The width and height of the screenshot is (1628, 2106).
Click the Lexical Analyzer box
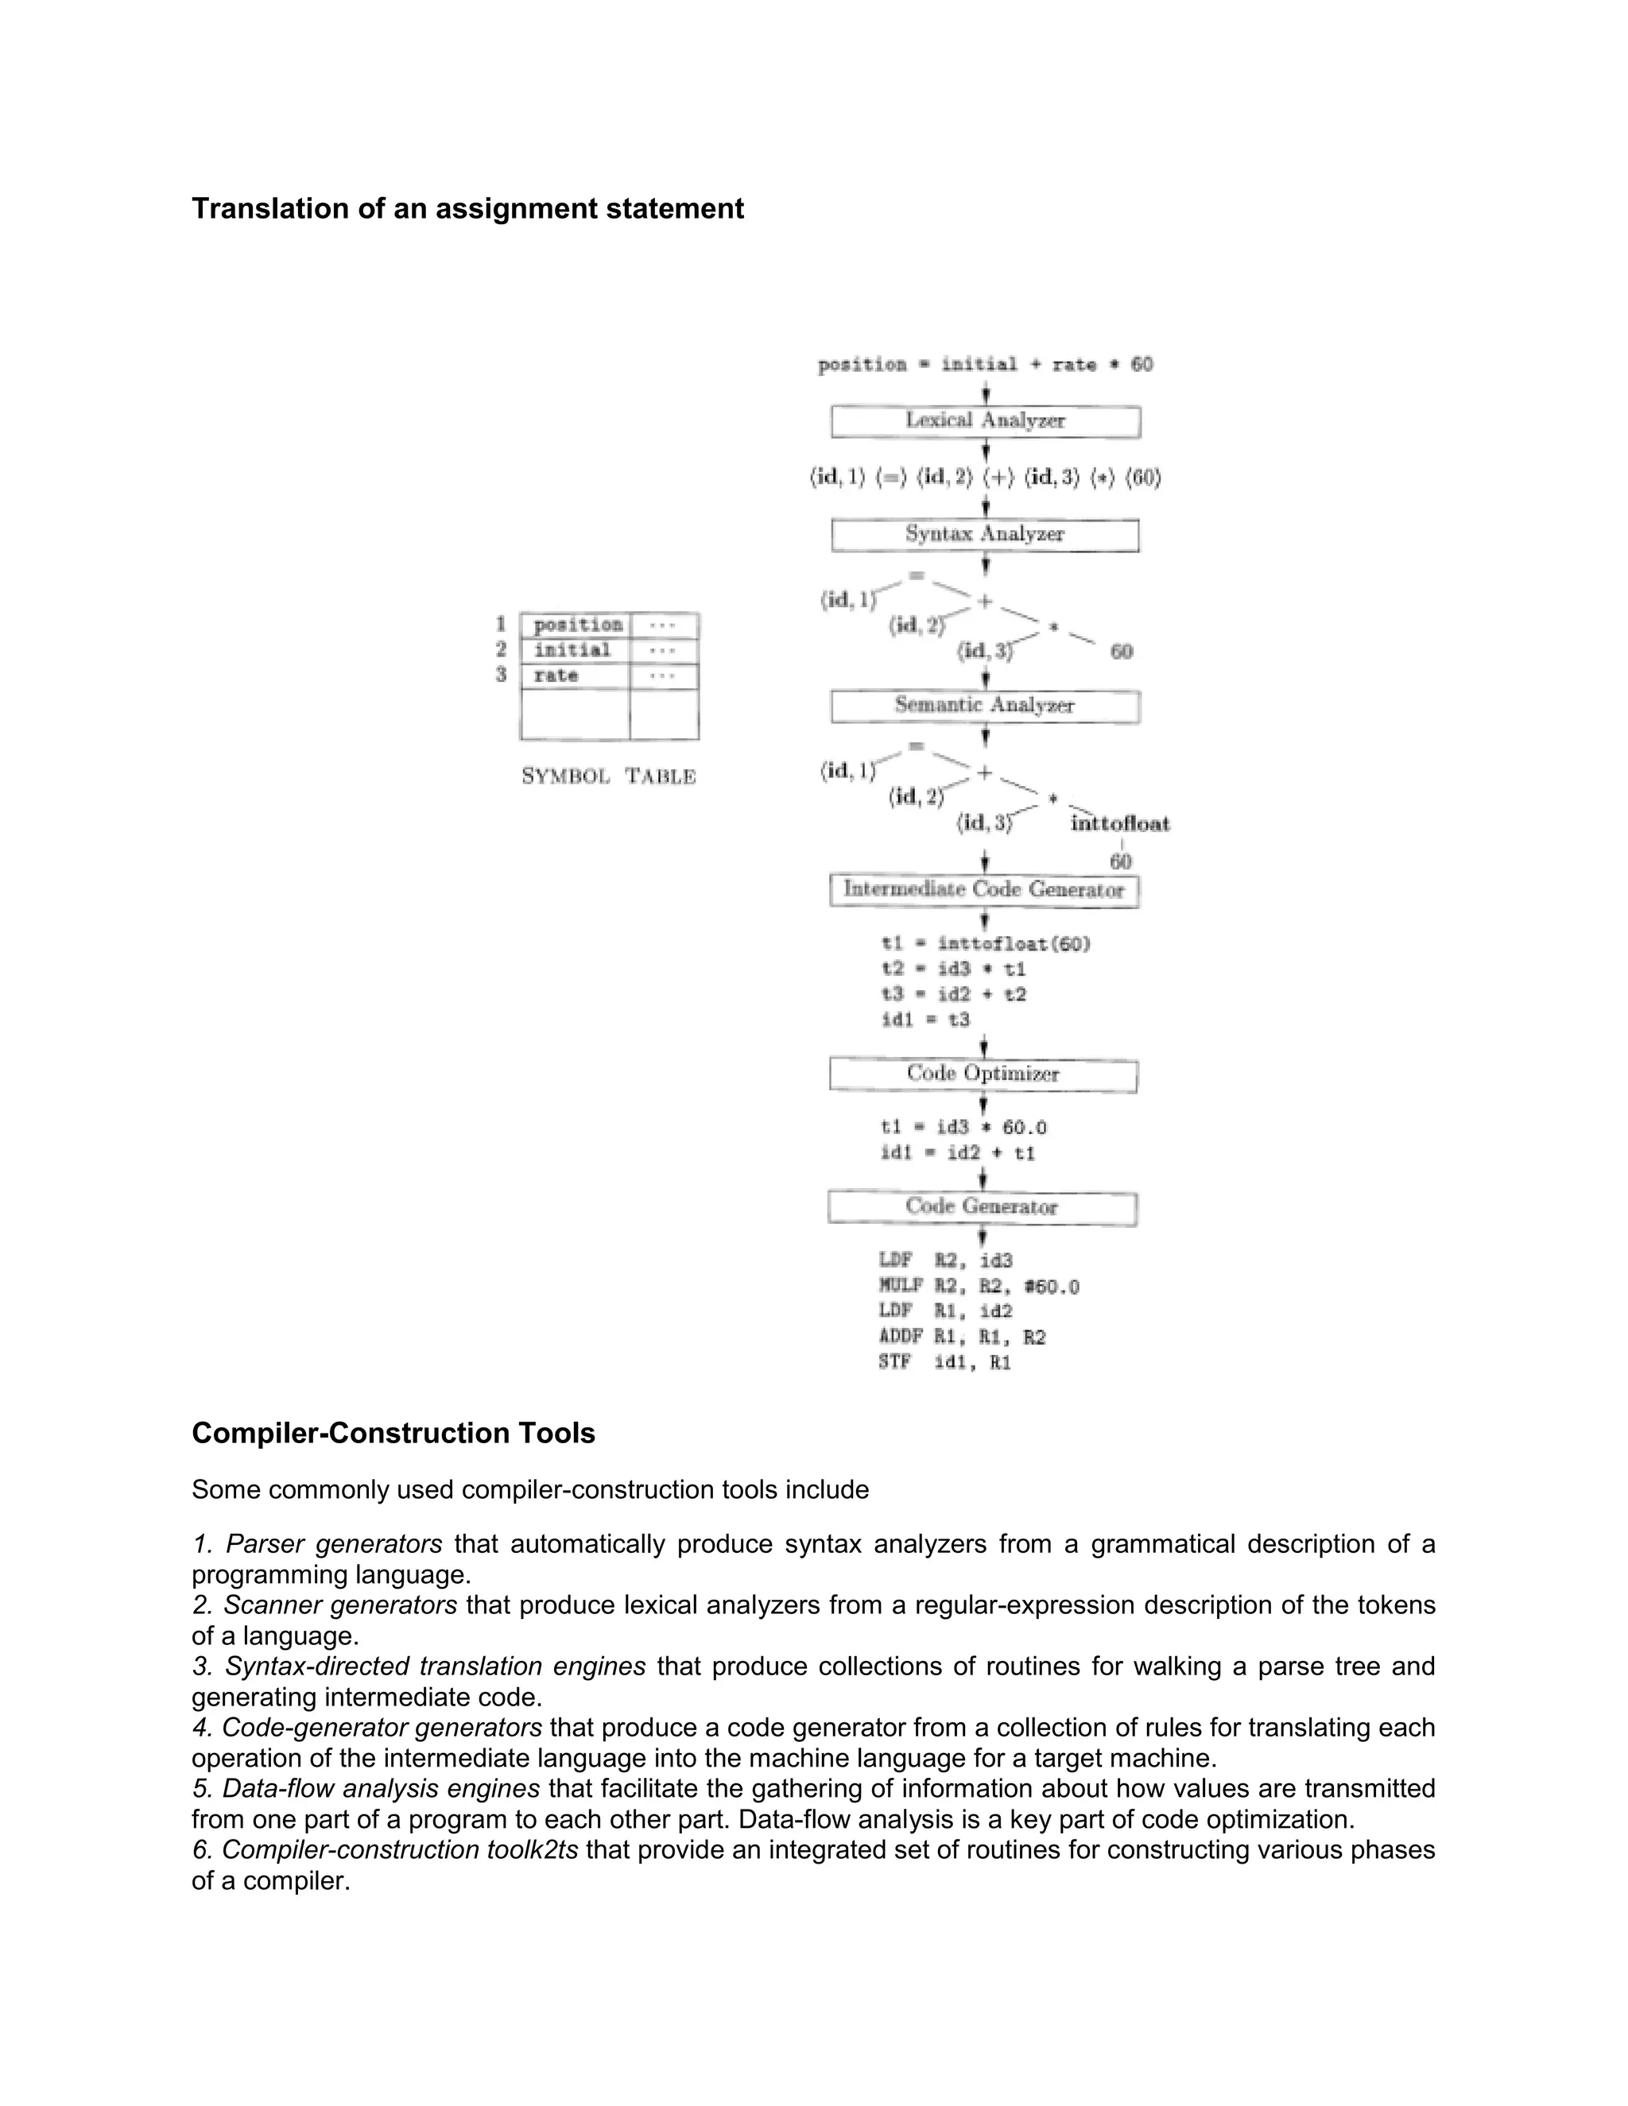coord(985,421)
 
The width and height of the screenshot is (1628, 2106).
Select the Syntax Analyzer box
coord(985,535)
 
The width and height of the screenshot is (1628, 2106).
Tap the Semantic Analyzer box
coord(985,706)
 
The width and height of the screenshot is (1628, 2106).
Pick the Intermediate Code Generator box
coord(984,890)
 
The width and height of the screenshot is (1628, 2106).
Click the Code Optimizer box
coord(983,1074)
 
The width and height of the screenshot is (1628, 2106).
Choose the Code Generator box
coord(982,1207)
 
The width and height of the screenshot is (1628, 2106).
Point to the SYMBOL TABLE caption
coord(609,776)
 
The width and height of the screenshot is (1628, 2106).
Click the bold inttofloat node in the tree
coord(1120,824)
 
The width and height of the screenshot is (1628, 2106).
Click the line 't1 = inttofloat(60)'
coord(986,944)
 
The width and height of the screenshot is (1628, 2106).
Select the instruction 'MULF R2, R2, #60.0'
coord(979,1287)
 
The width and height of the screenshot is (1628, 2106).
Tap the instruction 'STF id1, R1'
coord(945,1362)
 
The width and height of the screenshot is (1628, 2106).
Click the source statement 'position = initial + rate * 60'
coord(985,366)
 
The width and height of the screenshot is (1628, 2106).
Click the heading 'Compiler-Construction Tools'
coord(393,1433)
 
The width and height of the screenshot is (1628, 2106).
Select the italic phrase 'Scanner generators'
coord(339,1605)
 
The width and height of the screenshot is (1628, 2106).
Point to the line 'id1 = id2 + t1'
coord(958,1153)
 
